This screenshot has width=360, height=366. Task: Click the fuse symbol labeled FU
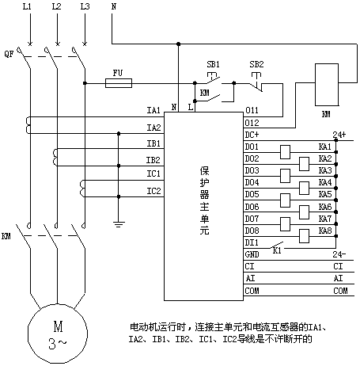point(119,83)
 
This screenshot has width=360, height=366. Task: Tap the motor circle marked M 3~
point(58,334)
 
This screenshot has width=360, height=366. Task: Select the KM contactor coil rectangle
point(327,85)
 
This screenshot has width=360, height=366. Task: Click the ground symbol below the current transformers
point(119,224)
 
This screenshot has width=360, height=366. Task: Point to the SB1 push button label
point(213,64)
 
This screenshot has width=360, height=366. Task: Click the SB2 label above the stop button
point(256,64)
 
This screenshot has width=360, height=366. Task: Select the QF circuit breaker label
point(9,54)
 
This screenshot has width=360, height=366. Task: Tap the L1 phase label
point(27,6)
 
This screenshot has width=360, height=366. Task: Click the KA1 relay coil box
point(285,152)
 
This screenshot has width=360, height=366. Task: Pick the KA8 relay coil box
point(304,236)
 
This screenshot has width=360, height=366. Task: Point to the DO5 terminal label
point(252,194)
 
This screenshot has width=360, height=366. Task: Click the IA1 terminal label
point(153,110)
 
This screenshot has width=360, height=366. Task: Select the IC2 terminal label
point(153,191)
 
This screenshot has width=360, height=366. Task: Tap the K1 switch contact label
point(277,250)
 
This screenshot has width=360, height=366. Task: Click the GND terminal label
point(252,254)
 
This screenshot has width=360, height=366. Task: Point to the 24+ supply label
point(339,135)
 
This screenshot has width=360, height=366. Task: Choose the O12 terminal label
point(252,123)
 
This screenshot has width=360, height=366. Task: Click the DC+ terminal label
point(252,135)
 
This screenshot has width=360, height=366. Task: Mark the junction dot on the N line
point(178,44)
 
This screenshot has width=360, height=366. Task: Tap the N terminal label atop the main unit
point(174,107)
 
